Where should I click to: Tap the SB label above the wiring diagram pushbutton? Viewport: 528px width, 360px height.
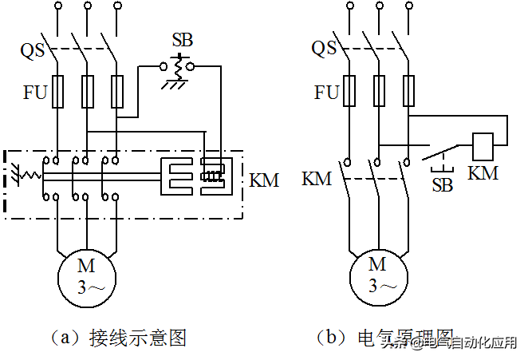click(182, 40)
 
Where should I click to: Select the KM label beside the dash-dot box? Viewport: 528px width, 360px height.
click(264, 180)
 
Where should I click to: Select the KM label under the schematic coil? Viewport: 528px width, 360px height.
click(483, 173)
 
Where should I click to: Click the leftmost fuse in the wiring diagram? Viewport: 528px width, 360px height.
click(57, 93)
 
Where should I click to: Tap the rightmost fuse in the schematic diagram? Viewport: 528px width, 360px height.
click(409, 90)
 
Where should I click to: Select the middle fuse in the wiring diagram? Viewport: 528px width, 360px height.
click(88, 93)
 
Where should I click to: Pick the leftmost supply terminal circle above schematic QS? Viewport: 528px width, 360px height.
click(349, 9)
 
